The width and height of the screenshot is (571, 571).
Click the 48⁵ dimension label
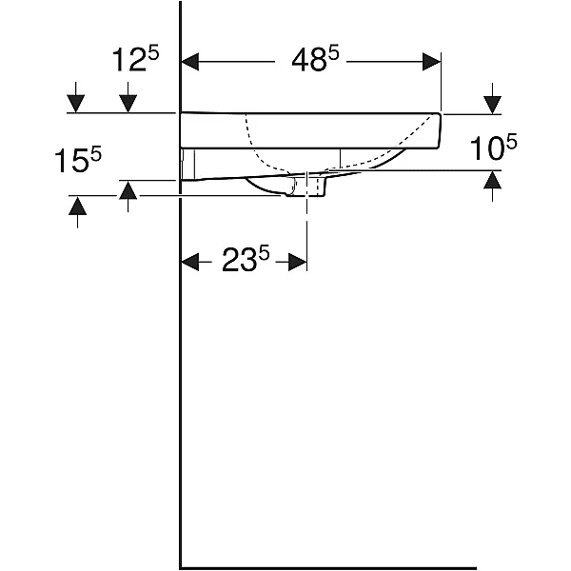pyautogui.click(x=315, y=59)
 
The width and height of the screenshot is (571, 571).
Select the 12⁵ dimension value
pyautogui.click(x=135, y=59)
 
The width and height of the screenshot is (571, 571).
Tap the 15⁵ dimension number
pyautogui.click(x=78, y=159)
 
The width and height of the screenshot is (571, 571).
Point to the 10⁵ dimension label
pyautogui.click(x=493, y=147)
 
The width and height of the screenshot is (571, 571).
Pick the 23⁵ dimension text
pyautogui.click(x=246, y=259)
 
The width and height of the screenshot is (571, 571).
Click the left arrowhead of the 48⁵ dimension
pyautogui.click(x=190, y=62)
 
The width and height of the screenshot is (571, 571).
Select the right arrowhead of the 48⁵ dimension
pyautogui.click(x=431, y=62)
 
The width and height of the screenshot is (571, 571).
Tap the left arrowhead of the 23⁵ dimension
pyautogui.click(x=190, y=262)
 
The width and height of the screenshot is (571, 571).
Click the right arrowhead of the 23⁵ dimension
pyautogui.click(x=298, y=262)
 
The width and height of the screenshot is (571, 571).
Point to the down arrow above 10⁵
pyautogui.click(x=493, y=99)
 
